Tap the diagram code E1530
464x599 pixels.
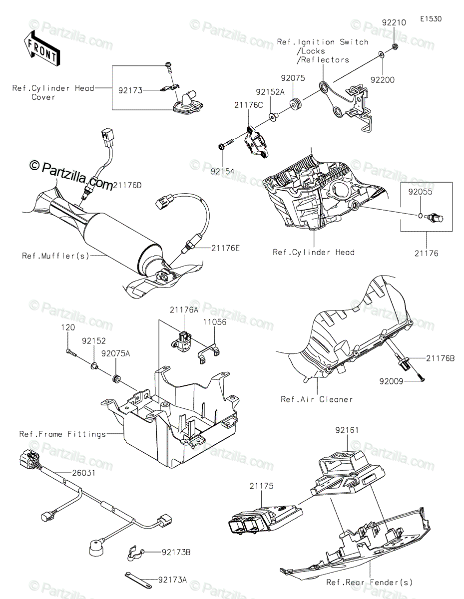click(431, 19)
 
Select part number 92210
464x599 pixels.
click(394, 22)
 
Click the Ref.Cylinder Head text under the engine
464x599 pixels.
click(314, 252)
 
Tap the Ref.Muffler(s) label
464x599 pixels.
click(55, 256)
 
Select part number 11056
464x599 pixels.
click(214, 322)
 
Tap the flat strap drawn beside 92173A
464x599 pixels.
click(137, 579)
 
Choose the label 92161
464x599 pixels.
click(347, 429)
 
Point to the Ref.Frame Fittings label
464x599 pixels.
click(62, 434)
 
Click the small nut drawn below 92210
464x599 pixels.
click(395, 46)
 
